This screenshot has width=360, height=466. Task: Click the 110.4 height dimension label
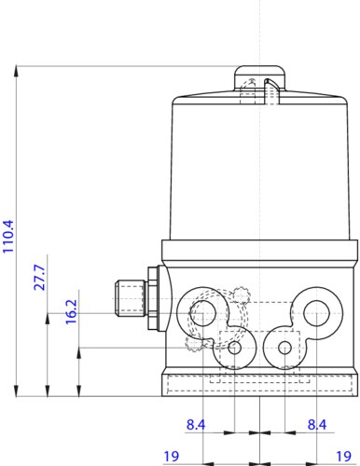click(x=8, y=236)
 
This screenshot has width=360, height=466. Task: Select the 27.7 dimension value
click(x=39, y=278)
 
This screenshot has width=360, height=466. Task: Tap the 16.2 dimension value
click(x=71, y=312)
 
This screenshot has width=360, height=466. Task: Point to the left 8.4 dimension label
click(x=196, y=424)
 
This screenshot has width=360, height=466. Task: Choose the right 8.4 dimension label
click(x=317, y=424)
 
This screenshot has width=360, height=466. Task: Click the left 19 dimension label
click(x=172, y=456)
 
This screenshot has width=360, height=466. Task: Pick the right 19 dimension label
click(x=343, y=456)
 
